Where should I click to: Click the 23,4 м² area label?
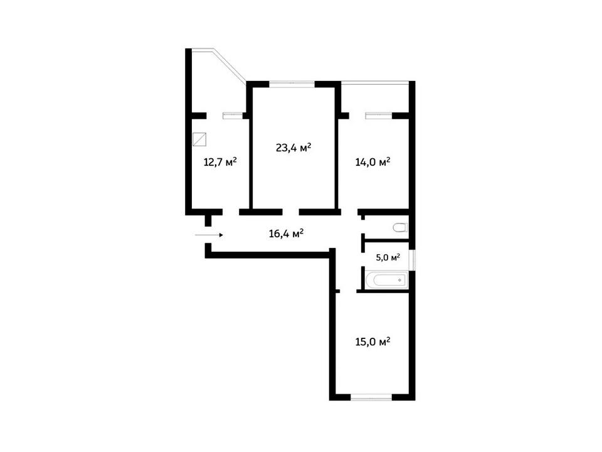[293, 147]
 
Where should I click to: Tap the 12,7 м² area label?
[220, 161]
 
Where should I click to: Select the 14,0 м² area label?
[372, 162]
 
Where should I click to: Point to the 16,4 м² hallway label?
[287, 234]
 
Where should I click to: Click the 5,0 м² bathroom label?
[388, 257]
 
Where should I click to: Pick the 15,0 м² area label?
[372, 342]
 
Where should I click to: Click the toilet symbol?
[400, 227]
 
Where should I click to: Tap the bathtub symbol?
[386, 280]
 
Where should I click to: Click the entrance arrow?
[209, 235]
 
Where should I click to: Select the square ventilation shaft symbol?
[199, 139]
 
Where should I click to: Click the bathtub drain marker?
[399, 280]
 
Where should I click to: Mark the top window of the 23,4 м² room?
[292, 84]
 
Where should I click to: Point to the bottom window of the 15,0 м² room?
[371, 397]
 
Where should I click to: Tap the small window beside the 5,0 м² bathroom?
[412, 260]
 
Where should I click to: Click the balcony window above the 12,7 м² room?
[233, 116]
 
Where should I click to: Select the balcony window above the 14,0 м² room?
[379, 116]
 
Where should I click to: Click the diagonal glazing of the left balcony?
[230, 65]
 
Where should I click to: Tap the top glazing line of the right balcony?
[375, 82]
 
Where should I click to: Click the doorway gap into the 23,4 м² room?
[290, 212]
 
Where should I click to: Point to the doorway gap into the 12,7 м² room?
[231, 212]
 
